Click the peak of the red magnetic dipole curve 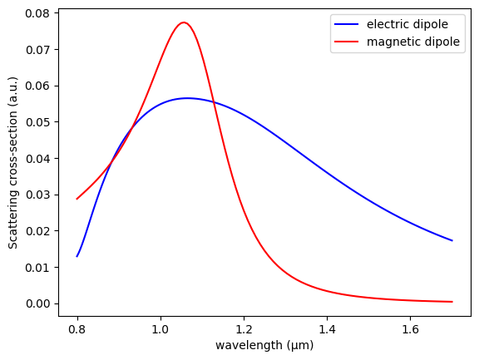(x=184, y=22)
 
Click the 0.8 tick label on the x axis (x=77, y=329)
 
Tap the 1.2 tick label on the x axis (x=244, y=329)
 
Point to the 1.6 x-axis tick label (x=410, y=329)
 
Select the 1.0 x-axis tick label (x=160, y=329)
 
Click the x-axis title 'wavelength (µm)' (x=264, y=345)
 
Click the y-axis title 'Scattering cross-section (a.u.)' (x=13, y=163)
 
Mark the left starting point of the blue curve (x=77, y=256)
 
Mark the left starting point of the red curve (x=77, y=199)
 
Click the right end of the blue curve (x=452, y=240)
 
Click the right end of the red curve (x=452, y=302)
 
